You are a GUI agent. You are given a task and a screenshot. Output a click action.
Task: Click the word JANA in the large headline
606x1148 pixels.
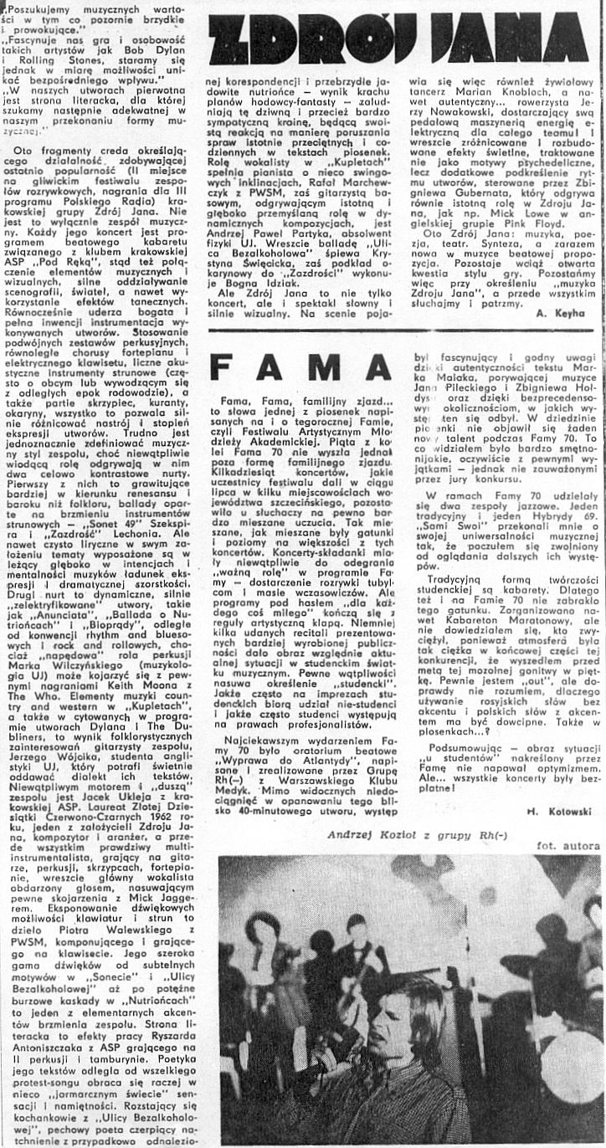pyautogui.click(x=518, y=38)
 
